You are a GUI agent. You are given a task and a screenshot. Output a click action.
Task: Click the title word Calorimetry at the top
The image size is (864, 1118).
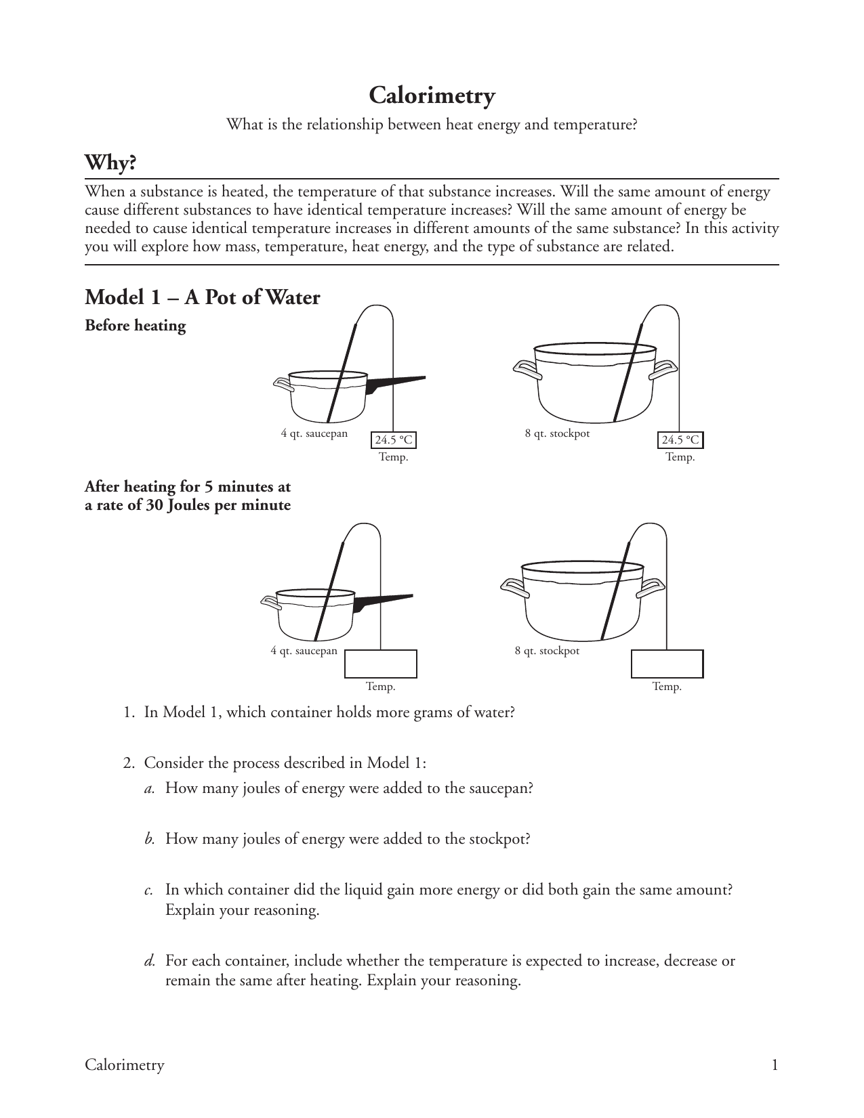(432, 96)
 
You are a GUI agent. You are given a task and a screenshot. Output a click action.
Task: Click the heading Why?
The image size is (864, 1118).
(110, 163)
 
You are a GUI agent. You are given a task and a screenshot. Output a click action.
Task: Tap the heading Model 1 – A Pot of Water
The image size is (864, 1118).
(202, 297)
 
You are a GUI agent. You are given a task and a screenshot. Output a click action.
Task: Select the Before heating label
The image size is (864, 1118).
(135, 326)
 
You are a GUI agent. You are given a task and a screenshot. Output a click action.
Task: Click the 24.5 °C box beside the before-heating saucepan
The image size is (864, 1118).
(394, 440)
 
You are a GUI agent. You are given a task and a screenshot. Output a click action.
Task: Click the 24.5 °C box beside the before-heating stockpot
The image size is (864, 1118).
(680, 440)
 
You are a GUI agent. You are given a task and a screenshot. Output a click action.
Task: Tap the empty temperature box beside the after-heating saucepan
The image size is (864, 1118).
(380, 664)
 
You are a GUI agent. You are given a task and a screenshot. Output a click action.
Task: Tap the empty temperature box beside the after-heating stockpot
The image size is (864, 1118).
(667, 664)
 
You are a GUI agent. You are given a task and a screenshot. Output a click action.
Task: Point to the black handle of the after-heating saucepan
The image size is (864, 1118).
(383, 601)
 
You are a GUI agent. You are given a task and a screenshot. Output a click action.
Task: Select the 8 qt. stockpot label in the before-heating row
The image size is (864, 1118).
(557, 433)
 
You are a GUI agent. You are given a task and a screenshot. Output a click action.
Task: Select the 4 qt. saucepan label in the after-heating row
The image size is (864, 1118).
(304, 651)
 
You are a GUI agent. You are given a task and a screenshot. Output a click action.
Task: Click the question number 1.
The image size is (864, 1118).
(127, 712)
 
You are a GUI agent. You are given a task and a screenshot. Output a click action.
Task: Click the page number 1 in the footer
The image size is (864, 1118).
(775, 1065)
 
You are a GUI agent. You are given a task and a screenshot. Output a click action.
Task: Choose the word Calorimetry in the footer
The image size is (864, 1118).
(124, 1065)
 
